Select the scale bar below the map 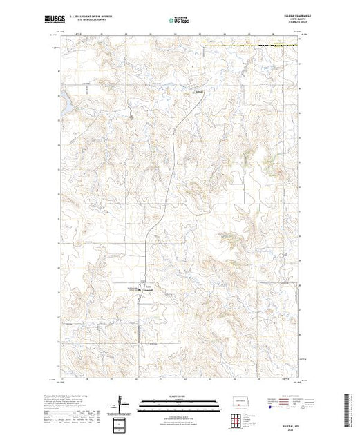tap(179, 405)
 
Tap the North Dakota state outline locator tap(238, 402)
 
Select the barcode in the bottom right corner tap(348, 407)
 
